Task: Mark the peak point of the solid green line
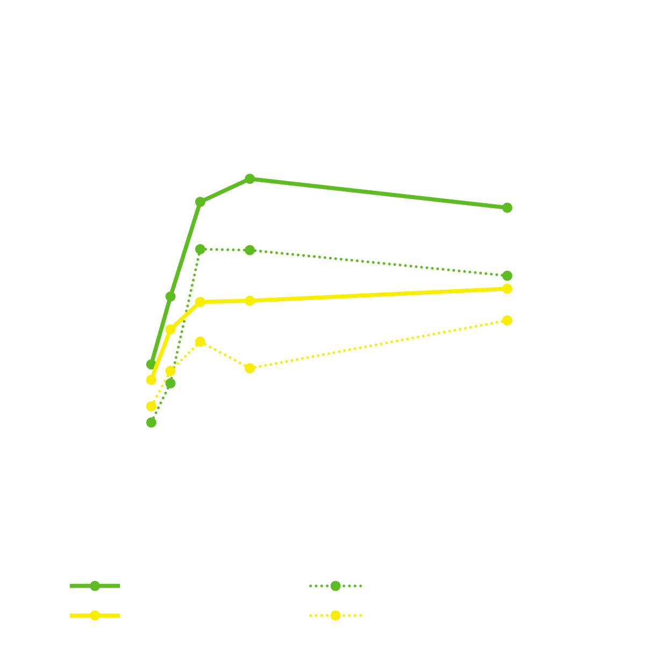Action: [250, 178]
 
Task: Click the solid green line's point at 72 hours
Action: [507, 208]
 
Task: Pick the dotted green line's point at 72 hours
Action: [507, 276]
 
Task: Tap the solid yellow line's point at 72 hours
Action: [507, 289]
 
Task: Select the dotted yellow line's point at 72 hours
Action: [507, 320]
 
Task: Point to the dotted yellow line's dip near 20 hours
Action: [250, 368]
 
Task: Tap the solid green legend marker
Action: [95, 586]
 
